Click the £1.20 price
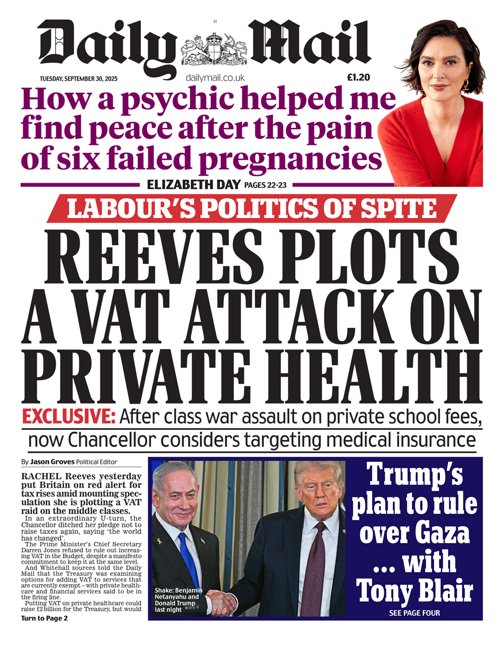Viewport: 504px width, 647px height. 358,77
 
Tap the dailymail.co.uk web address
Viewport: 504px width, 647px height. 215,78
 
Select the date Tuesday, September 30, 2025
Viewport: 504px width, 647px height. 78,79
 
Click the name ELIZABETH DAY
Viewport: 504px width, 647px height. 194,185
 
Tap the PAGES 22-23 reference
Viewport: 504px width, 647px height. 265,185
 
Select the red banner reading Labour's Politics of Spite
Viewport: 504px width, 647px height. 252,208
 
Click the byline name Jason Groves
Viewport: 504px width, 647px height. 52,462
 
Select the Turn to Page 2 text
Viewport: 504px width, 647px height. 44,618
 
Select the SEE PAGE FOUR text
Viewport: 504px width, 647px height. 414,613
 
